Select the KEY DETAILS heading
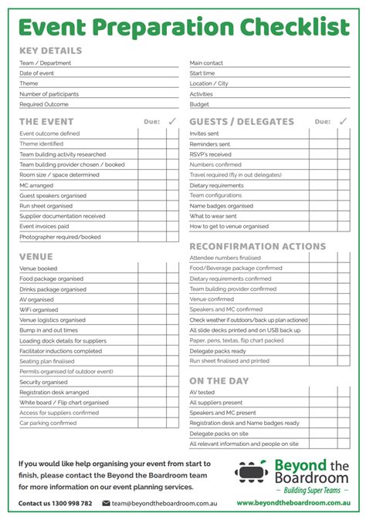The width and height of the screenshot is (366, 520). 50,51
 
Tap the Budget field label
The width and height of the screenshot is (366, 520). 199,104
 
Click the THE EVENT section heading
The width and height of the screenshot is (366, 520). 46,122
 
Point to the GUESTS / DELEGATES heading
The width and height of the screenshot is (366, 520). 242,122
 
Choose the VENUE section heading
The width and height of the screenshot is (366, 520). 36,256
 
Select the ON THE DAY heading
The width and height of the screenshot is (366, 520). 219,381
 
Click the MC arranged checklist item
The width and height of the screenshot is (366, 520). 36,185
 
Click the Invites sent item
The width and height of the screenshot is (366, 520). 204,133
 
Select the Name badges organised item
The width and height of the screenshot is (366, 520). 221,206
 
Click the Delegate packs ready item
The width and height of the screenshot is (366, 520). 218,350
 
